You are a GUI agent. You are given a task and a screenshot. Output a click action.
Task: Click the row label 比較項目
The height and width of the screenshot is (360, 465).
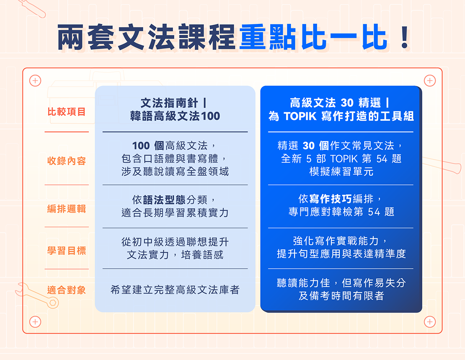pos(67,112)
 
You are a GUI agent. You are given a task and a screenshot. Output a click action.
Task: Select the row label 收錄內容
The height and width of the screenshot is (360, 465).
pos(67,161)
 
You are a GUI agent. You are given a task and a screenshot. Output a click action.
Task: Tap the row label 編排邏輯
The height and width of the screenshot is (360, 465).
pos(67,209)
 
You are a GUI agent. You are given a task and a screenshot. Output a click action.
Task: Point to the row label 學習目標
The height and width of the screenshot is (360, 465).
pos(67,251)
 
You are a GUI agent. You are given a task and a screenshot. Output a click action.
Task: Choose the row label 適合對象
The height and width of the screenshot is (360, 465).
pos(67,290)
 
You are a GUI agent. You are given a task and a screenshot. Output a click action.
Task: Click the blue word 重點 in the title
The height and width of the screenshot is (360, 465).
pos(268,37)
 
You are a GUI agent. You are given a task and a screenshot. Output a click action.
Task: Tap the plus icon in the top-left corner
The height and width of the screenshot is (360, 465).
pos(35,80)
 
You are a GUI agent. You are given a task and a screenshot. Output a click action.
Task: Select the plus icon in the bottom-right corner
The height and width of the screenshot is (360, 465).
pos(430,322)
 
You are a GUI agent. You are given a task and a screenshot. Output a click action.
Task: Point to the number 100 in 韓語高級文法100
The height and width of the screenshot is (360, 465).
pos(211,116)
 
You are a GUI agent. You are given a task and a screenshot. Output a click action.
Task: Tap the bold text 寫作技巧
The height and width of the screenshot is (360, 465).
pos(331,199)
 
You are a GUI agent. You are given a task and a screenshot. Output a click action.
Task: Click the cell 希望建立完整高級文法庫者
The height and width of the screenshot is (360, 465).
pos(175,290)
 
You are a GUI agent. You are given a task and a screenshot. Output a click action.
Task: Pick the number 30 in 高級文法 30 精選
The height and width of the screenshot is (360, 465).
pos(347,103)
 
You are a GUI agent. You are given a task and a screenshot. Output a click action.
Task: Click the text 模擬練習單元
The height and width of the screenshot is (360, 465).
pos(341,171)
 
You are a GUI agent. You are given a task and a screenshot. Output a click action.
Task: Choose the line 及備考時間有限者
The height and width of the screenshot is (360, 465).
pos(341,296)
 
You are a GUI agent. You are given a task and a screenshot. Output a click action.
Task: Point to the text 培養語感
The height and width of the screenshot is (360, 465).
pos(202,255)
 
